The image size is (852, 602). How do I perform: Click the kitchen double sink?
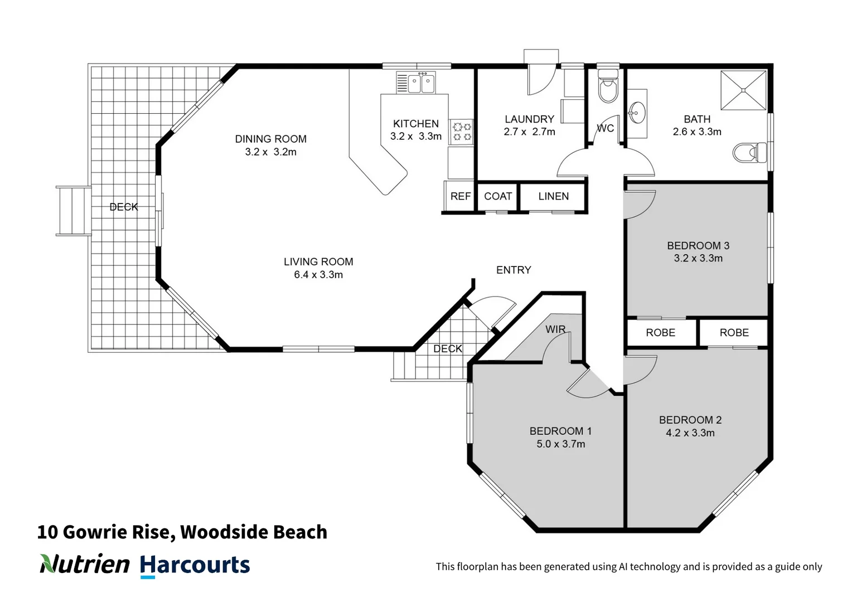pyautogui.click(x=421, y=84)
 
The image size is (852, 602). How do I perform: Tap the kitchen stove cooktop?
pyautogui.click(x=462, y=132)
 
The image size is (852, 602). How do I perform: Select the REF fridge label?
pyautogui.click(x=461, y=196)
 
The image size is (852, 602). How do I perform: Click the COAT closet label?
pyautogui.click(x=497, y=196)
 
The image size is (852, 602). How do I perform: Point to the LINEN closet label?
pyautogui.click(x=553, y=196)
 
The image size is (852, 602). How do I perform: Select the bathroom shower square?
pyautogui.click(x=744, y=90)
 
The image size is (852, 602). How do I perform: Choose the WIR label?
pyautogui.click(x=555, y=329)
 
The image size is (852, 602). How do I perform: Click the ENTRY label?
pyautogui.click(x=514, y=270)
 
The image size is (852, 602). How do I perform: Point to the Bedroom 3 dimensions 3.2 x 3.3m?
pyautogui.click(x=698, y=259)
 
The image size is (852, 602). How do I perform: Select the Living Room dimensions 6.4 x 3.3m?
pyautogui.click(x=318, y=275)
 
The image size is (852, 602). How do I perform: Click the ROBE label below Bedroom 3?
pyautogui.click(x=660, y=333)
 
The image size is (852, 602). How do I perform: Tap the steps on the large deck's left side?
pyautogui.click(x=72, y=211)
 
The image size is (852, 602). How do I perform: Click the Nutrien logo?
pyautogui.click(x=85, y=564)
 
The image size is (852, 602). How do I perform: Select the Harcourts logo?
pyautogui.click(x=195, y=565)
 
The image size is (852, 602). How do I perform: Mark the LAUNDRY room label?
pyautogui.click(x=529, y=119)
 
